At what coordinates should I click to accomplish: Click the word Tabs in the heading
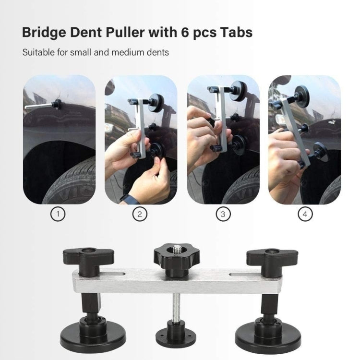[x=236, y=33]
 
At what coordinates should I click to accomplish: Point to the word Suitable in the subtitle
[x=38, y=52]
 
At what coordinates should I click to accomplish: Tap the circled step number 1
[x=58, y=215]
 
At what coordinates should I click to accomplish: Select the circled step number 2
[x=140, y=215]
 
